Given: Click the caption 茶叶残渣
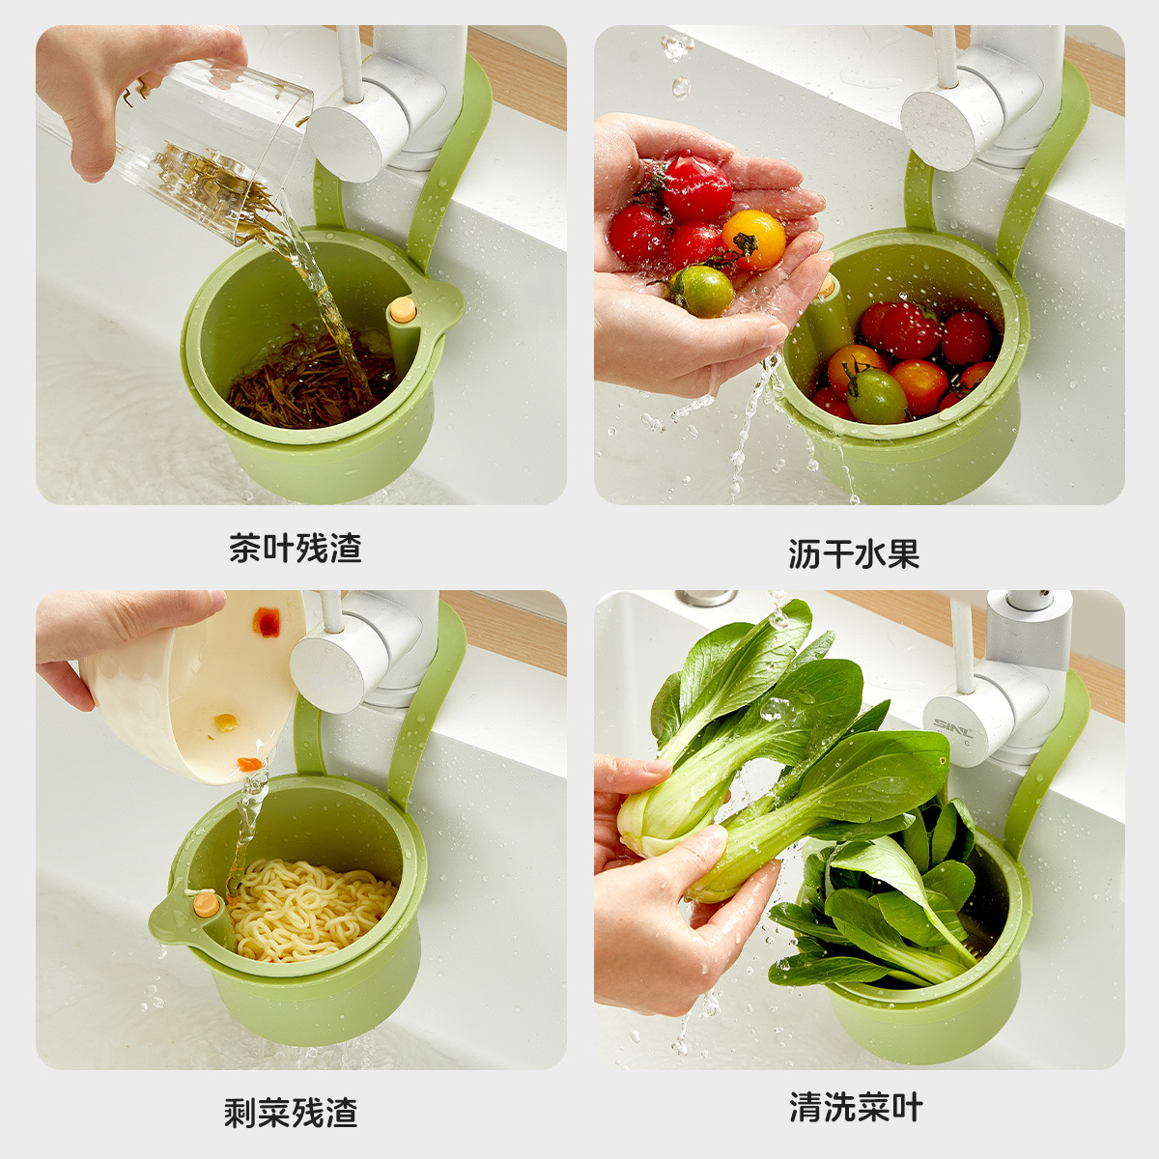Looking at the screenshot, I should pyautogui.click(x=295, y=549).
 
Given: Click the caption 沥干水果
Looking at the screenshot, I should pyautogui.click(x=854, y=553).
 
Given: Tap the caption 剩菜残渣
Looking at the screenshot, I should pyautogui.click(x=291, y=1113).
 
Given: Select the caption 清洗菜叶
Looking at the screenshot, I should pyautogui.click(x=856, y=1107).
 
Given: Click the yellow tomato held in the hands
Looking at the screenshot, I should pyautogui.click(x=753, y=239).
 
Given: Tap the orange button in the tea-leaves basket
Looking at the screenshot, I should pyautogui.click(x=402, y=310).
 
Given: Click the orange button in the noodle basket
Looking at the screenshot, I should pyautogui.click(x=206, y=905).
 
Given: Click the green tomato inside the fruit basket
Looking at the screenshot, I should pyautogui.click(x=876, y=396).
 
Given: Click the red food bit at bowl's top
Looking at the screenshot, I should pyautogui.click(x=267, y=623).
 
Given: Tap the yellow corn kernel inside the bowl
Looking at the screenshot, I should pyautogui.click(x=225, y=721).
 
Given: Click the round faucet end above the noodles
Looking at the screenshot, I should pyautogui.click(x=325, y=666).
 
